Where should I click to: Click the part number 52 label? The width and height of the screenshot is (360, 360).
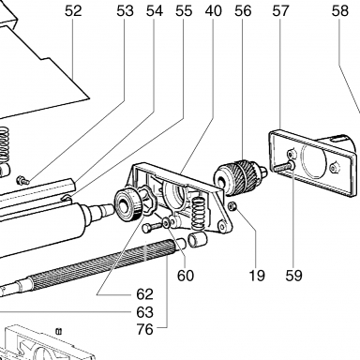(x=73, y=11)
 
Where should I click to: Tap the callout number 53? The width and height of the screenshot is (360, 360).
(x=125, y=11)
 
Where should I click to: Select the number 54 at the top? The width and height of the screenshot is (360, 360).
(x=155, y=11)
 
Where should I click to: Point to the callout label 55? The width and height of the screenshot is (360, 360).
(x=184, y=11)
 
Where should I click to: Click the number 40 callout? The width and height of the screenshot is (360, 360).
(x=214, y=11)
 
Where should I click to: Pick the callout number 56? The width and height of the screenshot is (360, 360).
(x=243, y=11)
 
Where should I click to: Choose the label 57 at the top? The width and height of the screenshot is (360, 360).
(x=280, y=11)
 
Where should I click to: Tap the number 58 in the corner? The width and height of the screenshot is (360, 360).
(x=340, y=11)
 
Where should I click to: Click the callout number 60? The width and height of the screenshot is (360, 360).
(x=186, y=276)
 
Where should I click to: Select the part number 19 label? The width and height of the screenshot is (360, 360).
(x=256, y=276)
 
